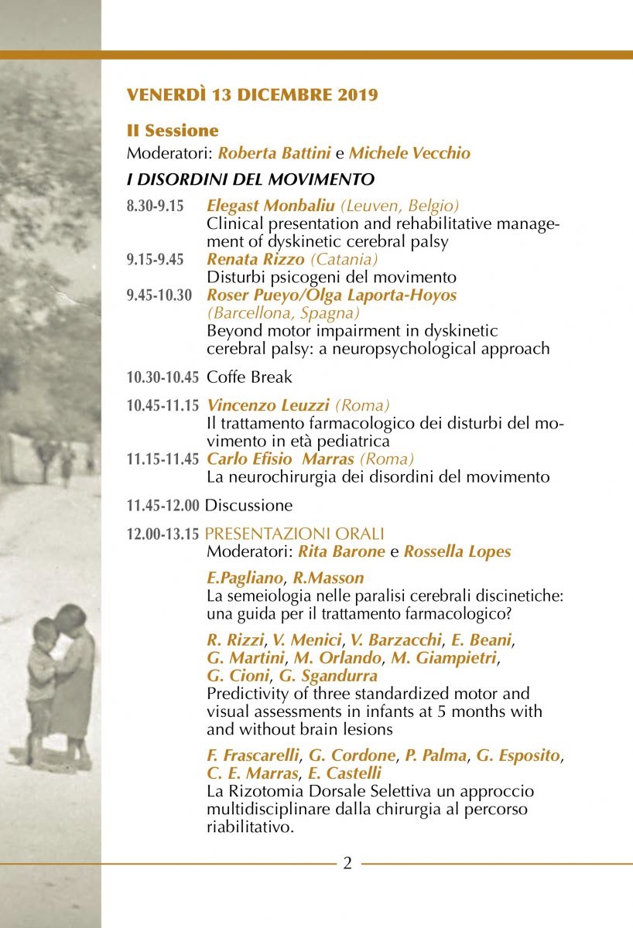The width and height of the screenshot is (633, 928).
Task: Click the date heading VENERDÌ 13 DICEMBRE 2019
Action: (x=252, y=95)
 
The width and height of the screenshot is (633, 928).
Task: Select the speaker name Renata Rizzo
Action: (x=256, y=259)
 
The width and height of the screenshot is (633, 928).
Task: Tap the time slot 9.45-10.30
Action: (x=159, y=295)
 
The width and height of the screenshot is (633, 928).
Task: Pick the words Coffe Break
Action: (x=249, y=377)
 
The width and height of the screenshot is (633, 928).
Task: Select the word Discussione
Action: (x=248, y=506)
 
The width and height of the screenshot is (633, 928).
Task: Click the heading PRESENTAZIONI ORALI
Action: (x=295, y=534)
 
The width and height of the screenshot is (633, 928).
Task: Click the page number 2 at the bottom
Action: (x=347, y=863)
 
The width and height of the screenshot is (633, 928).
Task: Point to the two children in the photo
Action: (x=60, y=681)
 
